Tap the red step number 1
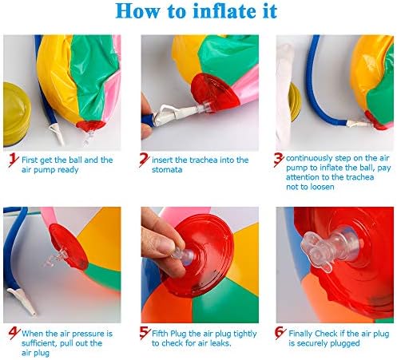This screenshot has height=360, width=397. pos(14,160)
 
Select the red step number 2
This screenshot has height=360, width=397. pos(145,160)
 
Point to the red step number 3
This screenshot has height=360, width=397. pos(279,160)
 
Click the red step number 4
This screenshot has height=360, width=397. pos(14,333)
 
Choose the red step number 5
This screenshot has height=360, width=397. pos(145,333)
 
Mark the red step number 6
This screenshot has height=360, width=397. pos(280,334)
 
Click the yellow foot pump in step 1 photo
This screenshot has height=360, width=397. pos(16,114)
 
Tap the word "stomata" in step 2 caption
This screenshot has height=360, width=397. pos(167,170)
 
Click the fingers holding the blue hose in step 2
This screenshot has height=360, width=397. pos(146,117)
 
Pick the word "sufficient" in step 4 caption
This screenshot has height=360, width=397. pos(39,343)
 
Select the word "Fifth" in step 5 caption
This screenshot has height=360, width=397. pos(160,334)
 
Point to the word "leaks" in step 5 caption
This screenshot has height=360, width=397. pos(220,343)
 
